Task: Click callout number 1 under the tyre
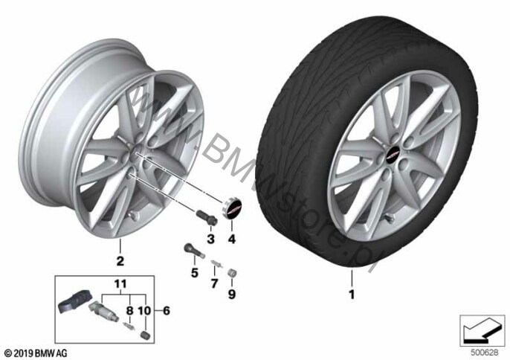coord(352,295)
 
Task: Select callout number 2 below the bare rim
coord(120,261)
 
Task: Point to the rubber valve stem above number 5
coord(194,251)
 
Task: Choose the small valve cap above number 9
coord(232,274)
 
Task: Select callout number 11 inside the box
coord(120,284)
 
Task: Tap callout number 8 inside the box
coord(129,310)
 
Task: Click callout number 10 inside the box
coord(145,310)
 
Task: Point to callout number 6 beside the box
coord(167,310)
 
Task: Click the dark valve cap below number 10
coord(145,335)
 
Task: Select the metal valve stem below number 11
coord(104,309)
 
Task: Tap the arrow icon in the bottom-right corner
coord(482,331)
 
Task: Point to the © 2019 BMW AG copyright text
coord(36,353)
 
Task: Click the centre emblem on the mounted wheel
coord(393,157)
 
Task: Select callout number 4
coord(231,240)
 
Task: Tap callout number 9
coord(231,295)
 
